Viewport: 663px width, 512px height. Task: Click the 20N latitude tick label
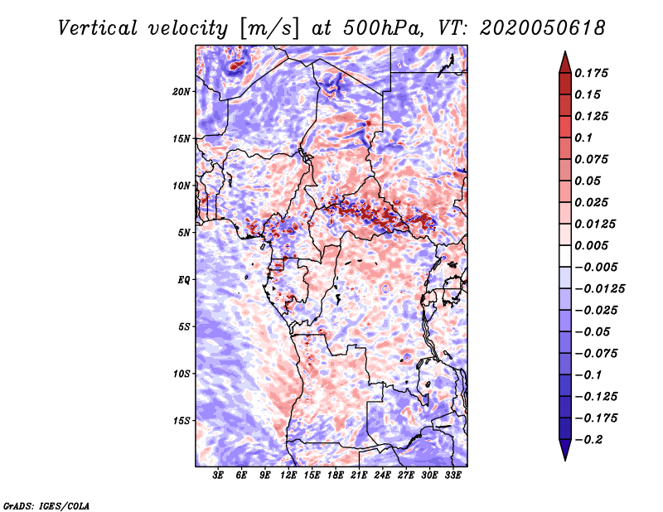181,92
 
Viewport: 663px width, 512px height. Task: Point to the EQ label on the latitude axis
184,280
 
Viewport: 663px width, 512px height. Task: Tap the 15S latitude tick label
181,421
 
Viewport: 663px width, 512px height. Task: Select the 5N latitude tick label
184,233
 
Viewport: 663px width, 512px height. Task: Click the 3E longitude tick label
218,476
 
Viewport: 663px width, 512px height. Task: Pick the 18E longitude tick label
336,476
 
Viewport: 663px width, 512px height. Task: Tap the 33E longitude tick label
452,476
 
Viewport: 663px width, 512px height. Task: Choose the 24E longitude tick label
382,476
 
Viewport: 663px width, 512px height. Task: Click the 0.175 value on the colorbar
591,73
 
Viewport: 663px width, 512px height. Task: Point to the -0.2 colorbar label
588,440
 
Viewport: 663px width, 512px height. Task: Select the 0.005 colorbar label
591,245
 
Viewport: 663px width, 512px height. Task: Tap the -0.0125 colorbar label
599,289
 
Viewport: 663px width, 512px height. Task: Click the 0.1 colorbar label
583,138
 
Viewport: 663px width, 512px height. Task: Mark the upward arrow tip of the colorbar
565,51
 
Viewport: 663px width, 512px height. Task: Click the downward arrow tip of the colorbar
565,460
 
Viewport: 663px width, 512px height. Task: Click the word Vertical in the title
98,28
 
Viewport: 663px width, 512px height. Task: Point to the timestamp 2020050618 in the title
543,28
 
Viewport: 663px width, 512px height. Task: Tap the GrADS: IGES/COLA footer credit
46,506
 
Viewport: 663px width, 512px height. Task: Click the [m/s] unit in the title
269,28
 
